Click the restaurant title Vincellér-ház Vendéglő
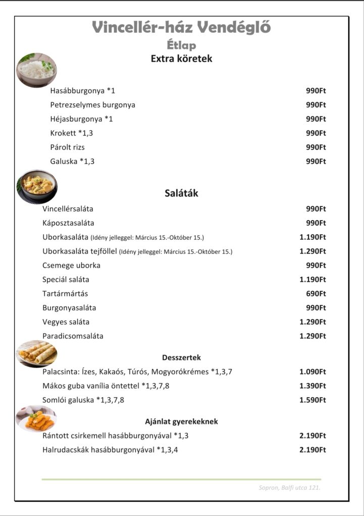pos(181,27)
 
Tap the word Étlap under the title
pos(181,45)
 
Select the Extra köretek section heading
pos(181,58)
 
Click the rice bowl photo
pos(36,70)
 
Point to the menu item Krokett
pos(71,133)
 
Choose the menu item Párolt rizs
pos(67,147)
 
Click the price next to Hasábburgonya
pos(316,91)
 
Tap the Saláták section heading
pos(181,193)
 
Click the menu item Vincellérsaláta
pos(68,209)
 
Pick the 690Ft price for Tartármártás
pos(316,293)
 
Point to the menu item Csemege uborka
pos(71,265)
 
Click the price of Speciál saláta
pos(313,279)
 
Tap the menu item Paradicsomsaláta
pos(73,336)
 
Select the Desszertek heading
pos(181,358)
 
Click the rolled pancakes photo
pos(36,353)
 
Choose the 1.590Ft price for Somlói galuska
pos(313,400)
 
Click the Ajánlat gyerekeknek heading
pos(181,421)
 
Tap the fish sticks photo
pos(36,419)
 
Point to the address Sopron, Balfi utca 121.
pos(289,487)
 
